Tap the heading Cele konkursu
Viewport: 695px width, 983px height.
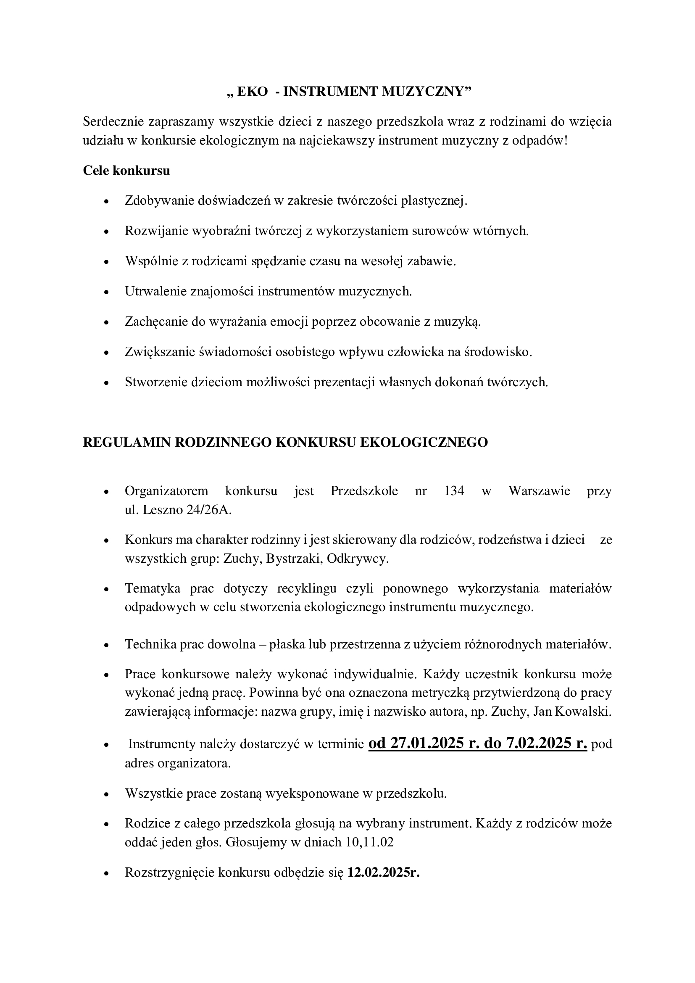pos(126,171)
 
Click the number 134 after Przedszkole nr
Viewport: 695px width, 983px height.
pos(454,490)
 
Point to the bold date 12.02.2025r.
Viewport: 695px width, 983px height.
pos(384,872)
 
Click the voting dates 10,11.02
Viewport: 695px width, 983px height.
pos(369,843)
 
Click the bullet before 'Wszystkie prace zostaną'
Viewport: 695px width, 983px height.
pos(107,794)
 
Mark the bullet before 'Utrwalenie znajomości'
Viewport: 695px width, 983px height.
pos(107,292)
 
